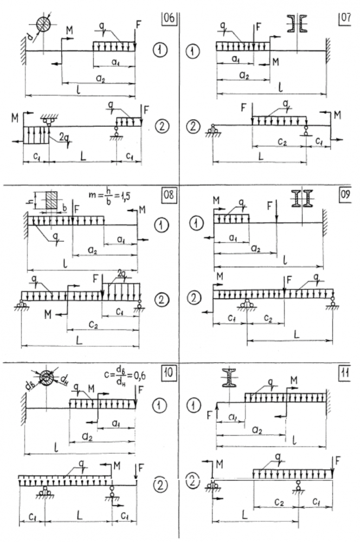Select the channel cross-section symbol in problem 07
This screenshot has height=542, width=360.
pos(298,24)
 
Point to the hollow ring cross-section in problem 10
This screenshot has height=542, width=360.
pos(47,377)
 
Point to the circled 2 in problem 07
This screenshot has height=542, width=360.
pos(195,126)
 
